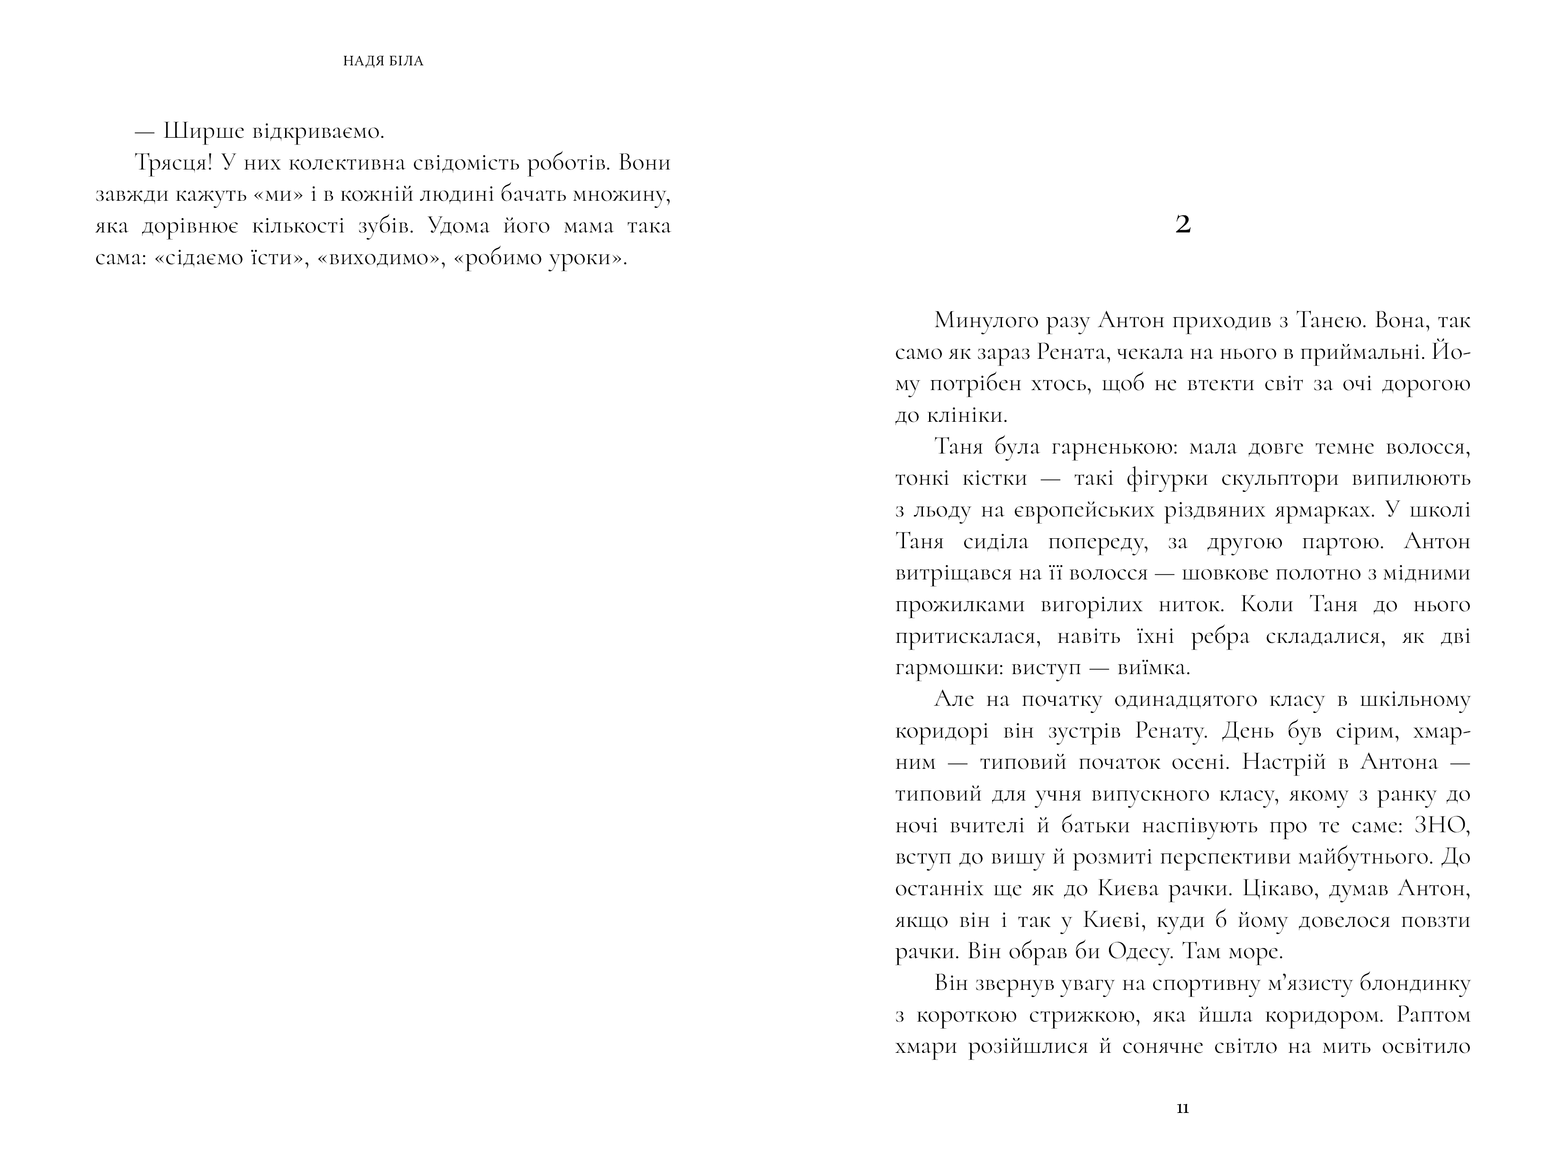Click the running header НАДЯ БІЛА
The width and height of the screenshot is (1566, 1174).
pyautogui.click(x=383, y=62)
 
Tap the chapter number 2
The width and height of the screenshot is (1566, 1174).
pyautogui.click(x=1182, y=225)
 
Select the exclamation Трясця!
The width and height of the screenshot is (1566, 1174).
pyautogui.click(x=173, y=163)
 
